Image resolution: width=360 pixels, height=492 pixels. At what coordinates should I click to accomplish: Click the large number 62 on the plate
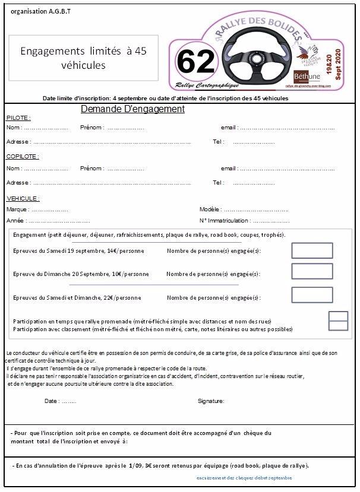coord(195,62)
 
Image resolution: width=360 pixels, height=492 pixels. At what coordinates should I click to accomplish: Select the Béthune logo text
coord(307,76)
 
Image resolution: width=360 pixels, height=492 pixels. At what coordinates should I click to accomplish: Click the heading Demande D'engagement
coord(132,109)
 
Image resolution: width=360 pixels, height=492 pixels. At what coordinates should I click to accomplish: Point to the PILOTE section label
coord(18,118)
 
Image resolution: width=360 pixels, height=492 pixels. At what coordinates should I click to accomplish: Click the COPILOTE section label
coord(23,157)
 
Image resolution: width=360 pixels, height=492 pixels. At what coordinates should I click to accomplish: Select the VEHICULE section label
coord(23,198)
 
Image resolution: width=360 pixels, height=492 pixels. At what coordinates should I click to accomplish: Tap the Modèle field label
coord(210,210)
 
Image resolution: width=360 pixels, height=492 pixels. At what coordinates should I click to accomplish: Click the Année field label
coord(15,220)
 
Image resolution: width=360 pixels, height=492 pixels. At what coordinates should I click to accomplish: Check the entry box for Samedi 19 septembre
coord(312,250)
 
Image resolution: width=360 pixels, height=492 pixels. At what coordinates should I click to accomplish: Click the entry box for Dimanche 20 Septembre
coord(312,271)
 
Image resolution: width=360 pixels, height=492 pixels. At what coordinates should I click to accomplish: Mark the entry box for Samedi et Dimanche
coord(312,294)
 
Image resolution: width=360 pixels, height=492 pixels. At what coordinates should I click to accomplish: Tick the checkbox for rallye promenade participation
coord(338,316)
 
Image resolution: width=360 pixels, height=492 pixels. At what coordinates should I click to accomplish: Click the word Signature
coord(211,401)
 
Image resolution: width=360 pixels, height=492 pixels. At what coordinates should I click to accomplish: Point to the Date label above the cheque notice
coord(52,401)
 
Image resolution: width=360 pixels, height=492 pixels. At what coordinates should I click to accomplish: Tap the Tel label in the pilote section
coord(218,142)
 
